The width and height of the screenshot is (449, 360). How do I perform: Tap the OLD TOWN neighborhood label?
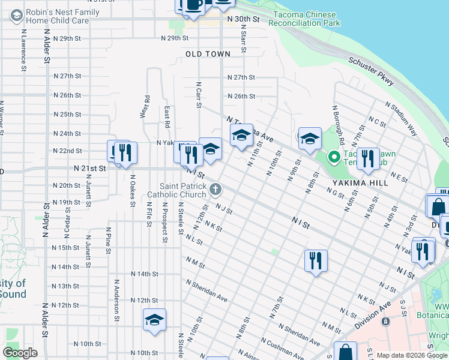tap(208, 54)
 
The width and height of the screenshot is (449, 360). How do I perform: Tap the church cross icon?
tap(215, 190)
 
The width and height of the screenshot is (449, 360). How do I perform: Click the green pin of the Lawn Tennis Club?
tap(334, 157)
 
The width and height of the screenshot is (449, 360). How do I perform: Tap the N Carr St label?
tap(198, 95)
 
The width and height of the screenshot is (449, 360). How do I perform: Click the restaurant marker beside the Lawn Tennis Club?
tap(368, 158)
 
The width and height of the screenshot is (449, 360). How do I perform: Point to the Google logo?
tap(20, 353)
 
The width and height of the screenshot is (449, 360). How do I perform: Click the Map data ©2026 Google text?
tap(411, 355)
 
